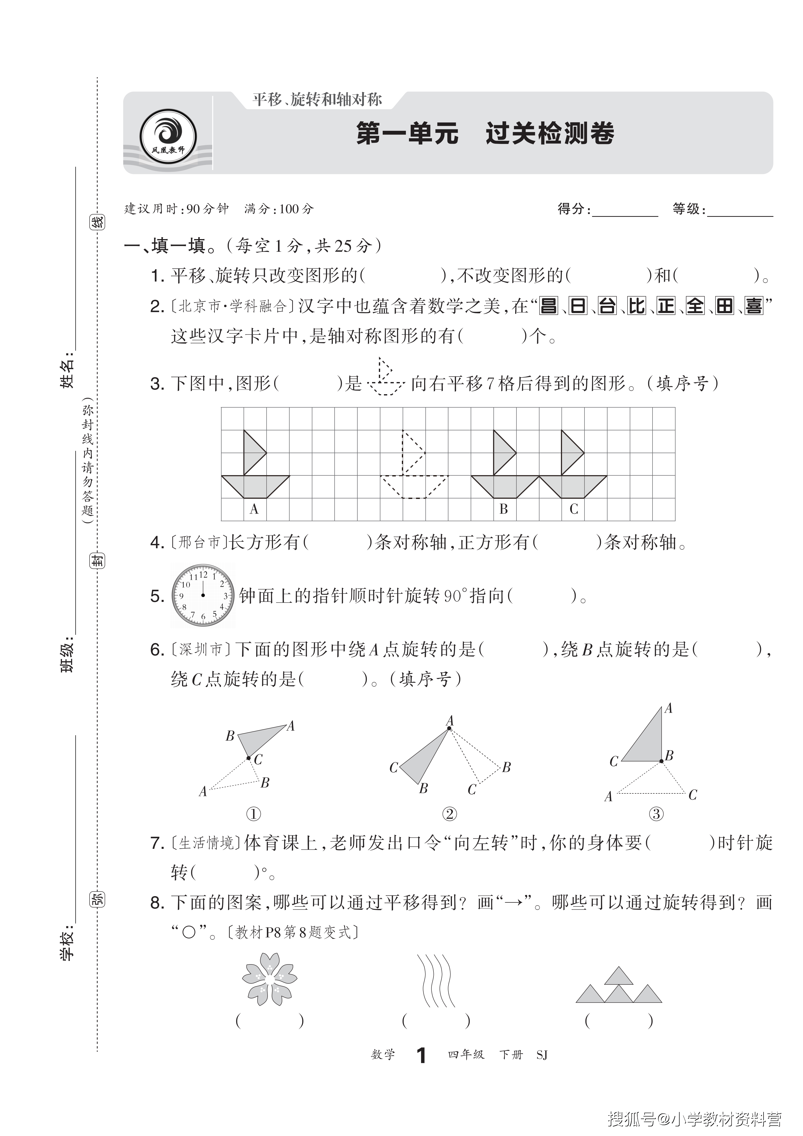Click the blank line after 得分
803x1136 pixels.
(625, 212)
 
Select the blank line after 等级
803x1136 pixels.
(740, 212)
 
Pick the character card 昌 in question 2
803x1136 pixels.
(548, 306)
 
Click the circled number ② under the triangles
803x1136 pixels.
(449, 814)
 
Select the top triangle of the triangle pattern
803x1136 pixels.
(619, 976)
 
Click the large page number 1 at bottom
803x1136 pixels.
(421, 1055)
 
